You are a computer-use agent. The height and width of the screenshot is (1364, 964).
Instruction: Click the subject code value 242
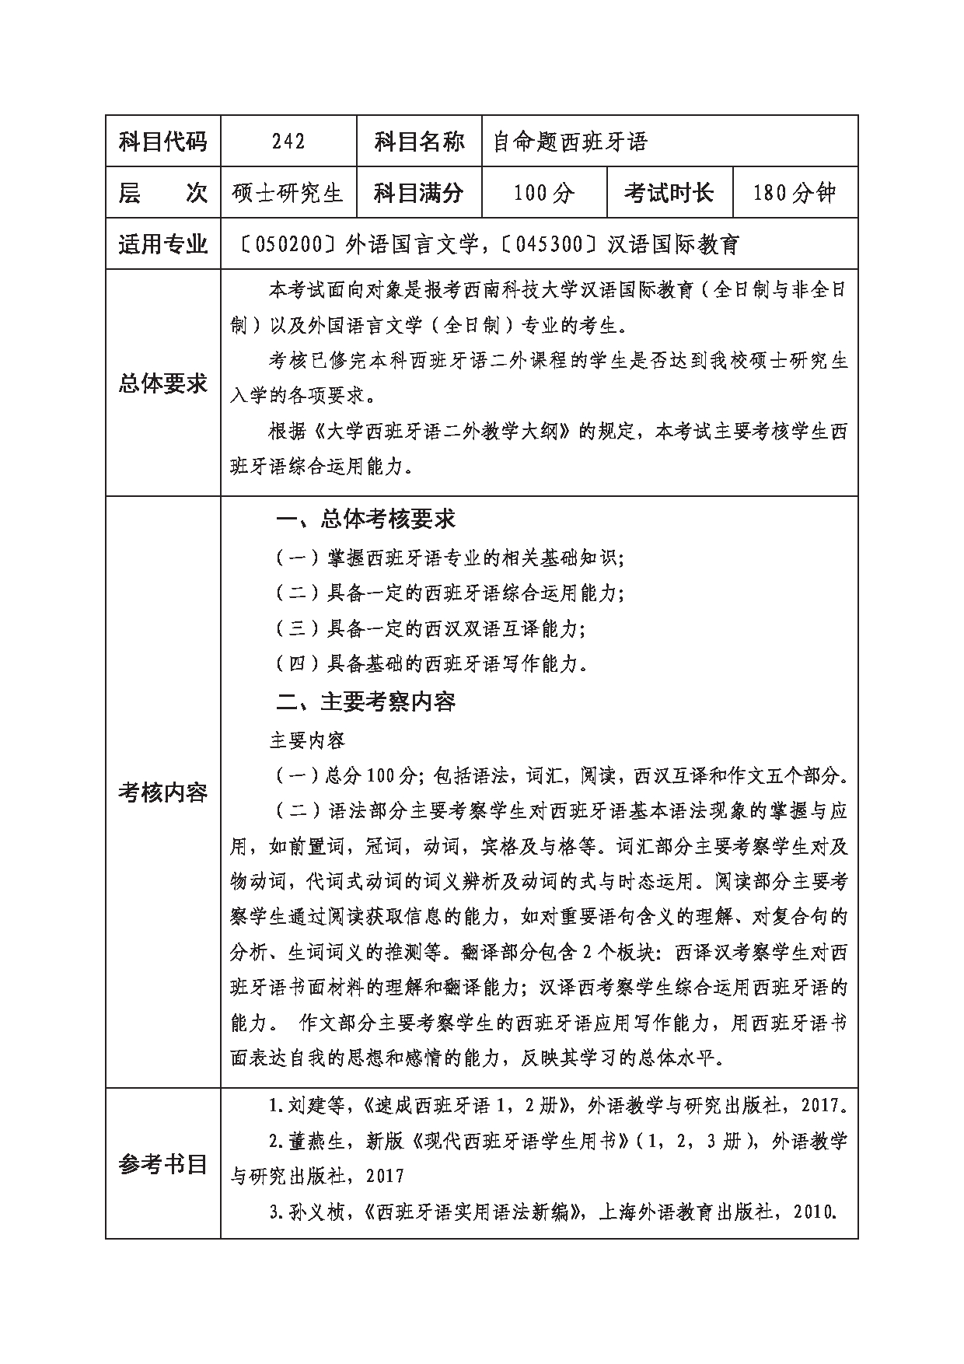click(288, 141)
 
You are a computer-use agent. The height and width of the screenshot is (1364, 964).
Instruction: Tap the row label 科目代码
click(163, 141)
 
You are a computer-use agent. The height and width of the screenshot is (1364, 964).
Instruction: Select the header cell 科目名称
click(419, 141)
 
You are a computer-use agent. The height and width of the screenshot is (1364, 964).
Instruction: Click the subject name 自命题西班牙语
click(571, 142)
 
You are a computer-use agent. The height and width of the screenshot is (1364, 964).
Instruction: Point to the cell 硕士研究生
click(288, 192)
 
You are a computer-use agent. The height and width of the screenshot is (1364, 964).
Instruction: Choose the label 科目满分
click(419, 192)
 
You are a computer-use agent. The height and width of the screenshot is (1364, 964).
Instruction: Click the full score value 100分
click(544, 192)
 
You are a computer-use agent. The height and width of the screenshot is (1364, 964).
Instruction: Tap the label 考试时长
click(669, 192)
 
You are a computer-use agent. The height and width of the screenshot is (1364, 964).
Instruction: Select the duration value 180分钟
click(795, 192)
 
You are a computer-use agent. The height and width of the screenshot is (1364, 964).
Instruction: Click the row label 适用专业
click(163, 244)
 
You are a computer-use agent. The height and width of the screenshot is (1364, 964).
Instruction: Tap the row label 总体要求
click(163, 383)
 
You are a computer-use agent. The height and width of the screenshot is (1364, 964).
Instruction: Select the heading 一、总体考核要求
click(365, 519)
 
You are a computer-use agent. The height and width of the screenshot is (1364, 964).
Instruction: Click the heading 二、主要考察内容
click(365, 702)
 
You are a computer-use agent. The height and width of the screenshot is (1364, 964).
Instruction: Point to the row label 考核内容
click(163, 792)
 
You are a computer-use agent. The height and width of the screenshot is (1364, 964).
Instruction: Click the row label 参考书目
click(163, 1163)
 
